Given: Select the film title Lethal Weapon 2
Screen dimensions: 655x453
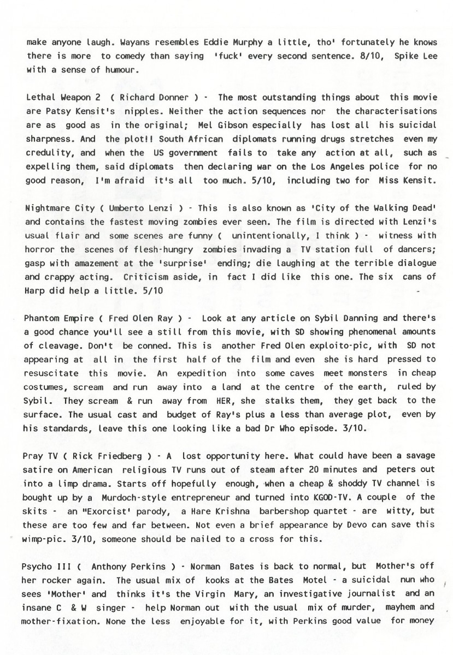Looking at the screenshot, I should click(x=56, y=98).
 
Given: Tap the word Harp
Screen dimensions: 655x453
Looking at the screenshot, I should click(x=36, y=290).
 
